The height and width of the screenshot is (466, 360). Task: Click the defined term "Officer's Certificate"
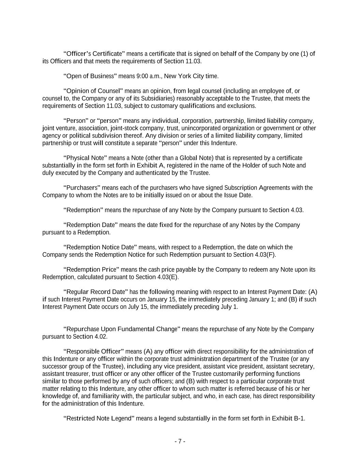click(94, 54)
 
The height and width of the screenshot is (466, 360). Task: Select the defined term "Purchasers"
click(82, 188)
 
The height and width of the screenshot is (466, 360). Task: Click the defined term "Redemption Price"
click(91, 270)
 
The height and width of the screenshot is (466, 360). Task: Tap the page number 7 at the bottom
click(180, 441)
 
